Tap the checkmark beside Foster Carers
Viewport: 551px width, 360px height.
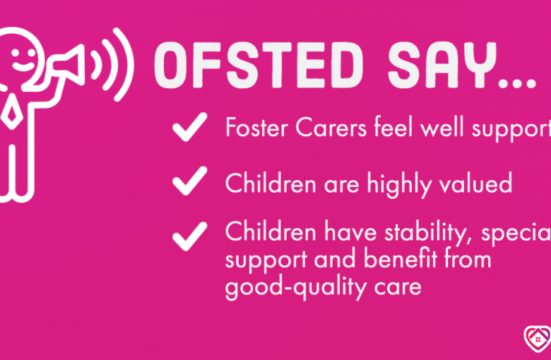[189, 128]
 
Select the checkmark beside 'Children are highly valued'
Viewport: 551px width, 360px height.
[189, 181]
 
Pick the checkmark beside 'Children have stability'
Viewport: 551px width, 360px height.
[189, 234]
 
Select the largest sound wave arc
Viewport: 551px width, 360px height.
[123, 63]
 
